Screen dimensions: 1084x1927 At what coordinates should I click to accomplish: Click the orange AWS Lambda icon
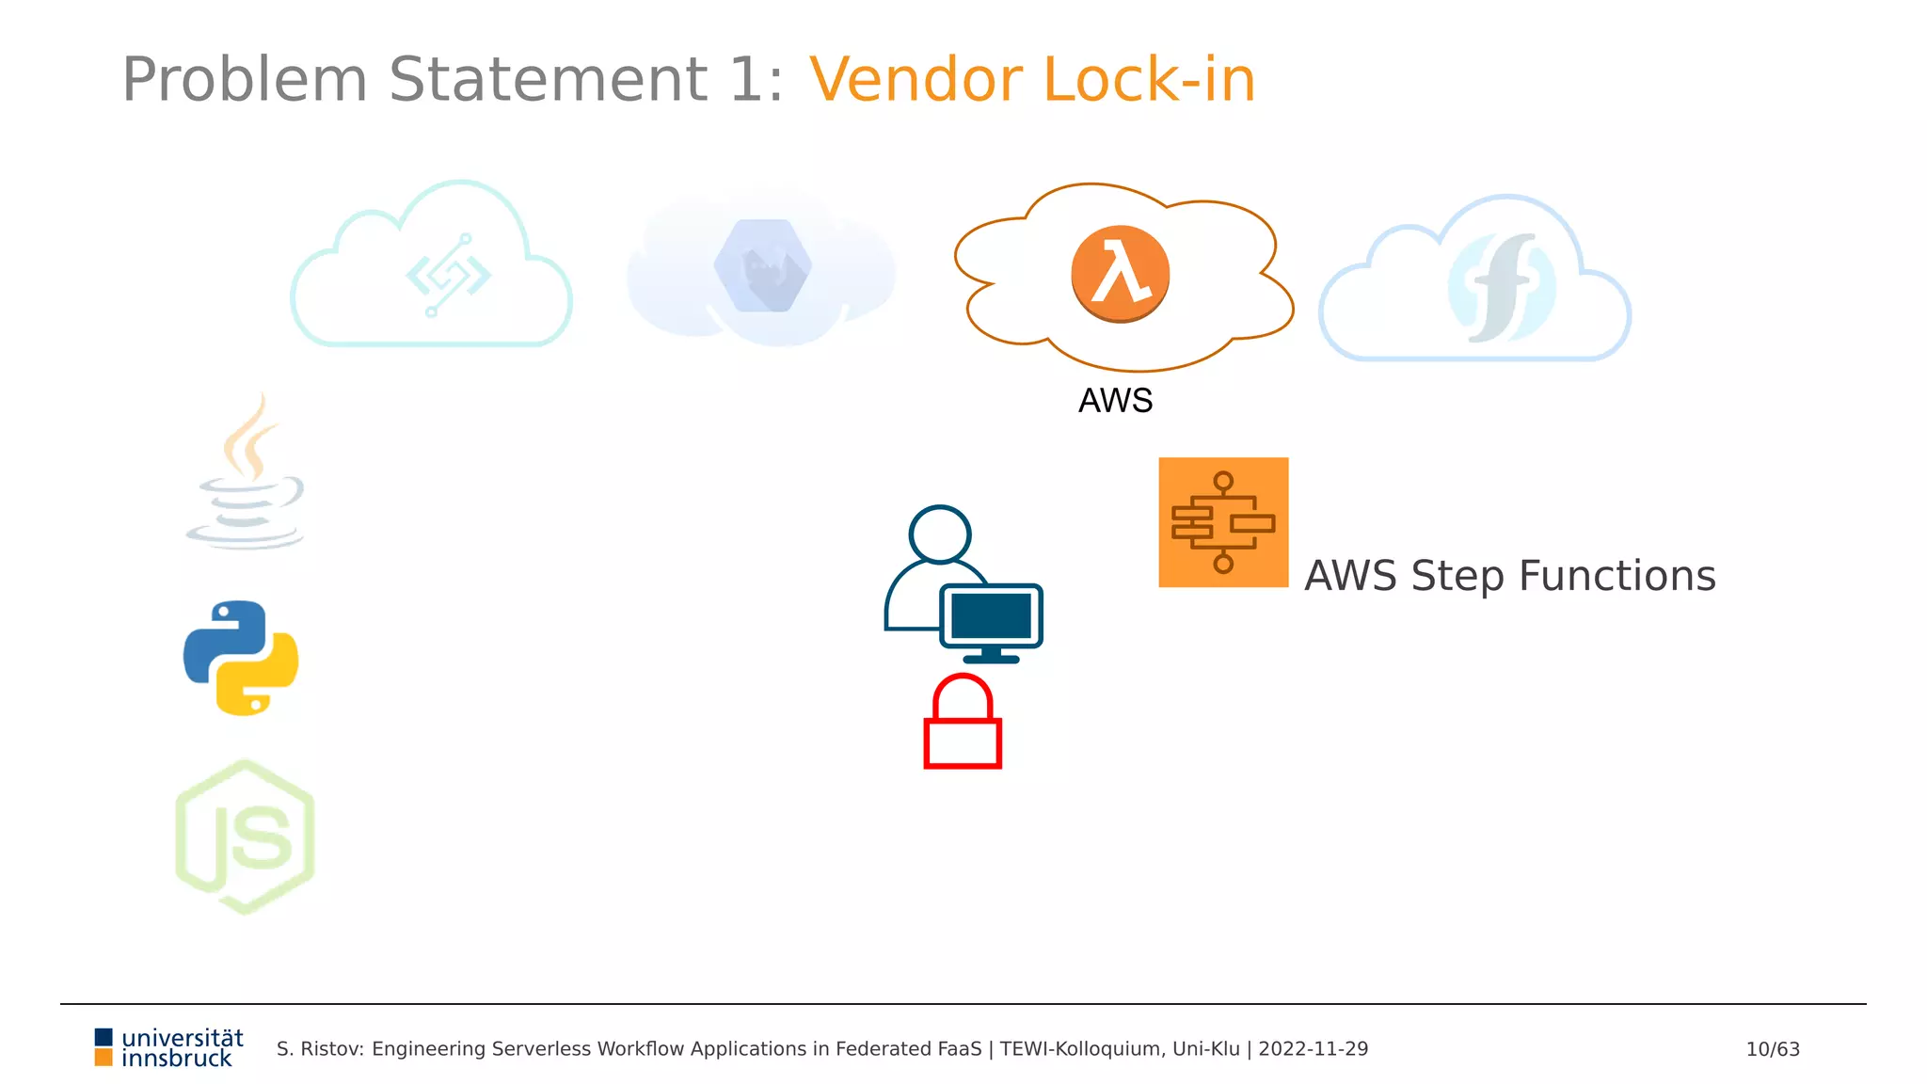coord(1120,274)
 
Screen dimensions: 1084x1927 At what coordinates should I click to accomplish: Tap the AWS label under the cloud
coord(1115,401)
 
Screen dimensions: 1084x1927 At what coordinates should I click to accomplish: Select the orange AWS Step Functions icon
coord(1223,522)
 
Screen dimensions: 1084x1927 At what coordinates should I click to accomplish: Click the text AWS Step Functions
coord(1509,576)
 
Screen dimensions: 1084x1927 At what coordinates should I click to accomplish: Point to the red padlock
coord(963,724)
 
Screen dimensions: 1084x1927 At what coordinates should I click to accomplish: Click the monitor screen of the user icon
coord(991,616)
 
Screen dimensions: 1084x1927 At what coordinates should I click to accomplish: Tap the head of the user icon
coord(940,534)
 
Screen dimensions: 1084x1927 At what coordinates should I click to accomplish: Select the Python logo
coord(241,659)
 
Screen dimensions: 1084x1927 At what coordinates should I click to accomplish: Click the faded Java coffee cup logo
coord(247,475)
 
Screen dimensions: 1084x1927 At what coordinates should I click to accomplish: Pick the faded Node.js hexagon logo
coord(245,837)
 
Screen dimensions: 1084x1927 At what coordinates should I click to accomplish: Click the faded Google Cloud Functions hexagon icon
coord(763,266)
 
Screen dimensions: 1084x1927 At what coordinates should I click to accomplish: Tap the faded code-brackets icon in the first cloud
coord(448,276)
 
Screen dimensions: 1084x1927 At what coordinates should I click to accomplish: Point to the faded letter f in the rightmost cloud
coord(1503,287)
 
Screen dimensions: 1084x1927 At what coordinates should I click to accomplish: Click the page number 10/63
coord(1773,1049)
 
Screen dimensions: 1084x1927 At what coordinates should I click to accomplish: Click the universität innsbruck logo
coord(169,1048)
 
